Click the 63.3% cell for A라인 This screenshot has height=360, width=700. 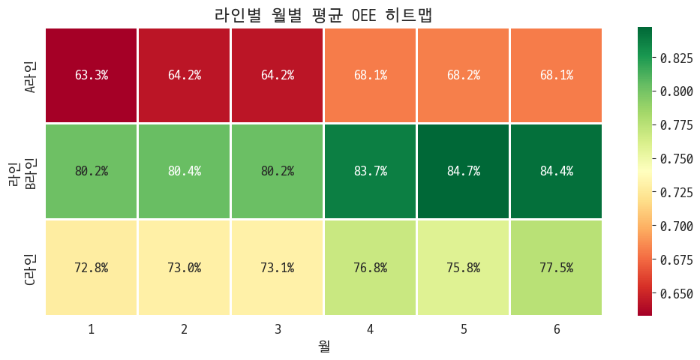pos(92,75)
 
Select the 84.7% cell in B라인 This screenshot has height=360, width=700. pos(463,171)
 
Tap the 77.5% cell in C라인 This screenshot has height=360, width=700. pos(556,268)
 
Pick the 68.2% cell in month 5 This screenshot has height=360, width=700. pos(463,75)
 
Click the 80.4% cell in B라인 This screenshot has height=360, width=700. pos(185,171)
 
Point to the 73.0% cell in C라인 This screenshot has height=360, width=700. pos(185,268)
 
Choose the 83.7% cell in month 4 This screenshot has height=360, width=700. pos(370,171)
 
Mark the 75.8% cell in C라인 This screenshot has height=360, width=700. pos(463,268)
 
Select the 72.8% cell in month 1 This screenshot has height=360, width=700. pos(92,268)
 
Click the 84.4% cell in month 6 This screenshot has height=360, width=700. pos(556,171)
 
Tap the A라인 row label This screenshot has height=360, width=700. pos(31,76)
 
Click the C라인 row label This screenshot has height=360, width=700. pos(31,268)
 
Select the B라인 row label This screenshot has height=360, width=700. pos(31,172)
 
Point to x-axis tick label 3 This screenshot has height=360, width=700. pos(278,328)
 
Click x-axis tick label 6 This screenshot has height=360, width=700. pos(556,328)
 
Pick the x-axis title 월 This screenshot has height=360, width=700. pos(323,346)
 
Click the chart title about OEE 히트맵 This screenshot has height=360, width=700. pos(323,14)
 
